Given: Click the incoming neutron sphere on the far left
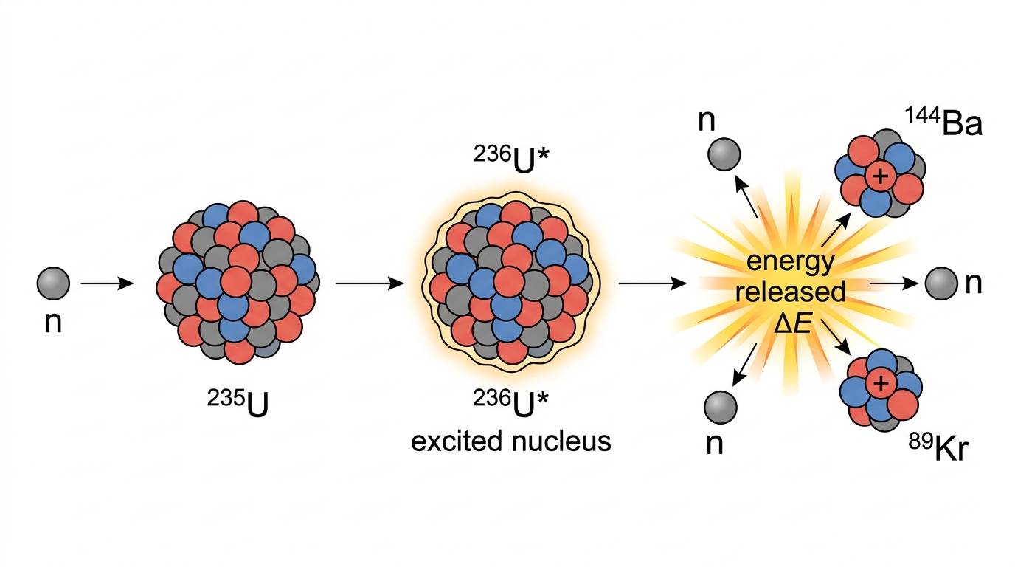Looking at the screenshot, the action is click(x=53, y=283).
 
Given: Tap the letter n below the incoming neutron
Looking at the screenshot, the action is click(x=53, y=323).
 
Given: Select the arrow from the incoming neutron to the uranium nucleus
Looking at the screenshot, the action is click(x=107, y=283).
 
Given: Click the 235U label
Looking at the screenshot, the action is click(x=238, y=403).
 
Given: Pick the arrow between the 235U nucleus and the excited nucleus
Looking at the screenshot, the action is click(x=370, y=283).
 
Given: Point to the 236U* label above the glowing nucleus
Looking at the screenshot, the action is click(x=511, y=160).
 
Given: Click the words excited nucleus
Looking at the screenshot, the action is click(x=510, y=441).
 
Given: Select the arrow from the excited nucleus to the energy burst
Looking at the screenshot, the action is click(x=653, y=283).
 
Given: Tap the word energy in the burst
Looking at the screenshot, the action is click(x=791, y=263).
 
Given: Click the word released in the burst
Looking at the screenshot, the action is click(x=790, y=292).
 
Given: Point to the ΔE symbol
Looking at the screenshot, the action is click(x=791, y=325).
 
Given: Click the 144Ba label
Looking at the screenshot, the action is click(x=943, y=122).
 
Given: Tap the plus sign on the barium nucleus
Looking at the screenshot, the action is click(x=881, y=176).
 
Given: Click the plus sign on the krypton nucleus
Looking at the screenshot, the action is click(x=881, y=384).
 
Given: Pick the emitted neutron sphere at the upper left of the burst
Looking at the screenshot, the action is click(x=724, y=154).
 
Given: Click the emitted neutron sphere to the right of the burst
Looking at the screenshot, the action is click(x=940, y=283).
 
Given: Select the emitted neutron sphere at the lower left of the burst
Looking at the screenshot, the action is click(x=721, y=407).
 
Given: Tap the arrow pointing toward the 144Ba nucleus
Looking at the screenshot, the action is click(x=836, y=230).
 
